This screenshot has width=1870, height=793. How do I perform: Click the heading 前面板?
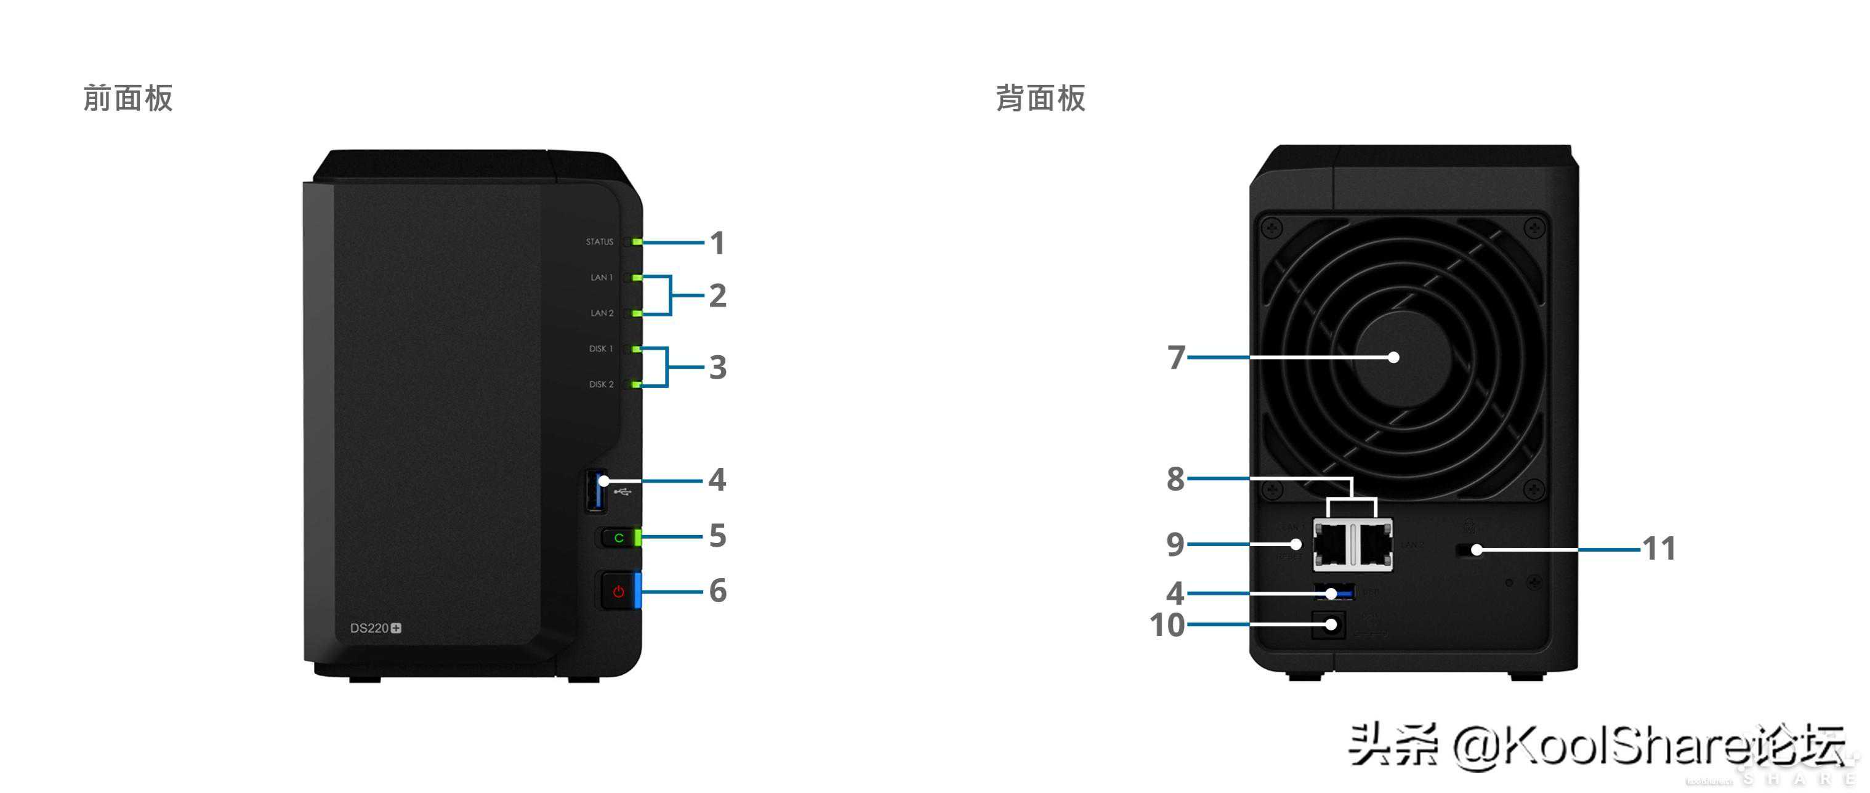click(127, 98)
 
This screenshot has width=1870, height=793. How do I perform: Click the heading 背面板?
click(1040, 98)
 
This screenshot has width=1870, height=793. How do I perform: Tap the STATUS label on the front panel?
click(600, 242)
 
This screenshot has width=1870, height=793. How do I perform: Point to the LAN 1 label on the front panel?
click(601, 278)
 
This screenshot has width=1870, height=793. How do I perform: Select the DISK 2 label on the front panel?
click(601, 384)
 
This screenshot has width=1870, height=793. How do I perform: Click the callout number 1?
click(717, 243)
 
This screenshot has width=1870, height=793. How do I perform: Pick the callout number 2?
click(717, 296)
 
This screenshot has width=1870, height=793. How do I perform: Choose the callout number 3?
click(717, 368)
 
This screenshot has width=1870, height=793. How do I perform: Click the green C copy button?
click(618, 538)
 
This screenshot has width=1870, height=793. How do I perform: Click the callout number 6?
click(717, 590)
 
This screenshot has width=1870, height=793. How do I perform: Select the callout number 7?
click(1176, 357)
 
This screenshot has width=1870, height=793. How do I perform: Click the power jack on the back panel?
click(1329, 624)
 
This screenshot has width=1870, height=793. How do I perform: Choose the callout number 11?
click(1659, 549)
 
